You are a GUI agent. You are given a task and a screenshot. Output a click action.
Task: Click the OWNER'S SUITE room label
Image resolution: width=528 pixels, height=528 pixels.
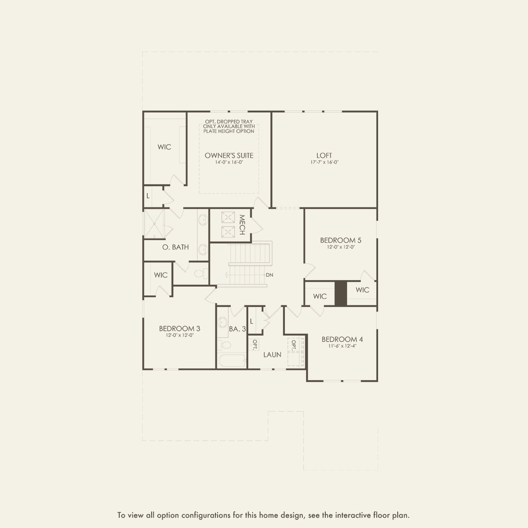tap(229, 155)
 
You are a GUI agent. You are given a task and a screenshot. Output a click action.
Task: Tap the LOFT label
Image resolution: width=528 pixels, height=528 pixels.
tap(324, 155)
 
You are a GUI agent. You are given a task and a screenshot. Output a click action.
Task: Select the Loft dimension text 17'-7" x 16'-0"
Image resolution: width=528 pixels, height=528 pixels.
tap(324, 162)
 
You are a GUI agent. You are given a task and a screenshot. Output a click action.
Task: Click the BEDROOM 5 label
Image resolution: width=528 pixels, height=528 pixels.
tap(341, 240)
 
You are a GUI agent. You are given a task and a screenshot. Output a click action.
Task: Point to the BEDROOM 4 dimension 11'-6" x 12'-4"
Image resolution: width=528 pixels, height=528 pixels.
tap(342, 346)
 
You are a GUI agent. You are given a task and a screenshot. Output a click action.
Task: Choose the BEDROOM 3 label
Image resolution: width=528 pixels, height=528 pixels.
tap(179, 328)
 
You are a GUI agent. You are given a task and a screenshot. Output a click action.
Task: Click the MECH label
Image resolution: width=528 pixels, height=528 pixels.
tap(242, 225)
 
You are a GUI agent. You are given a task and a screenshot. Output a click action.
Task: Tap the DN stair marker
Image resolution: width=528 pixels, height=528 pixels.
tap(270, 275)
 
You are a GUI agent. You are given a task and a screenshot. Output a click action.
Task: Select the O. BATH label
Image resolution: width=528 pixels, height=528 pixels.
tap(175, 247)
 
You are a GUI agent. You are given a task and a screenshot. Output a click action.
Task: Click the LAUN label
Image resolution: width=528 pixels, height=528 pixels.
tap(273, 355)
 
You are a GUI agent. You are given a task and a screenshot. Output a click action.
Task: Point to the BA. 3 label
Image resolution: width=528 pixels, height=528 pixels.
tap(237, 329)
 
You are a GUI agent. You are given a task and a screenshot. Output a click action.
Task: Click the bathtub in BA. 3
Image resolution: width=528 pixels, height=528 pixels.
tap(232, 361)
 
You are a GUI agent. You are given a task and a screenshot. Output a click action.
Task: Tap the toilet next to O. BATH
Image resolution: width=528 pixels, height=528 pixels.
tap(201, 273)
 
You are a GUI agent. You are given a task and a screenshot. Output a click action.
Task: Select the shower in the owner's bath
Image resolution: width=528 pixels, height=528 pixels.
tap(154, 223)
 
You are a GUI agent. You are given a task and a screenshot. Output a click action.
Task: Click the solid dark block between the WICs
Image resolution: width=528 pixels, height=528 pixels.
tap(341, 293)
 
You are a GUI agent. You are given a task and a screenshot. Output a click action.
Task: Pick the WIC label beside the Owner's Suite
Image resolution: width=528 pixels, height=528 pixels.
tap(164, 147)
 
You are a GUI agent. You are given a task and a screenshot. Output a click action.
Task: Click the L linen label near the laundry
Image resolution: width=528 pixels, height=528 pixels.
tap(252, 321)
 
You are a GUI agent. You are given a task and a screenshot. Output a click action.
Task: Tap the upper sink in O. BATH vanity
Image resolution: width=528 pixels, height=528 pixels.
tap(203, 220)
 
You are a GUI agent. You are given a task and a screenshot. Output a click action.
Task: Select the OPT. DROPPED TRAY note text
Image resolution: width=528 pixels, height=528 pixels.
tap(229, 121)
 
